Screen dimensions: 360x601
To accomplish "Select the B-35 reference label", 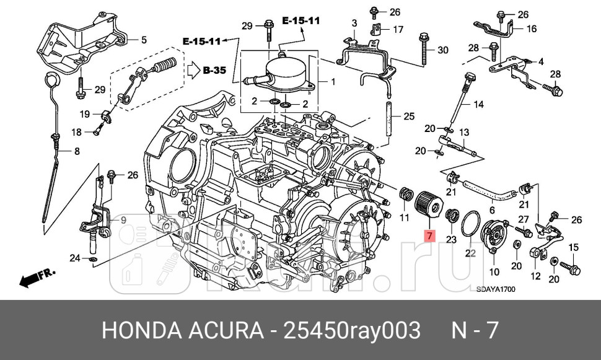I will tap(214, 71).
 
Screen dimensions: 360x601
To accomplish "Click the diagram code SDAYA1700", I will tap(496, 289).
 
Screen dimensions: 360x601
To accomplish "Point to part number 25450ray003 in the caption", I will tap(351, 330).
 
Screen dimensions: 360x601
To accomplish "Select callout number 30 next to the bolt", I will tap(442, 50).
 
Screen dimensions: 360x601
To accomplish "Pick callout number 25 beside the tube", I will tap(408, 116).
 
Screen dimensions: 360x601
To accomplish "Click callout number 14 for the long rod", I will tap(478, 105).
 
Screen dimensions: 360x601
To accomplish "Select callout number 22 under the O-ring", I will tap(470, 253).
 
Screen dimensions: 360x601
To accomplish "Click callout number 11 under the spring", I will tap(404, 217).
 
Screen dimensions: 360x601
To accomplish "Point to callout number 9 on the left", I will tap(123, 219).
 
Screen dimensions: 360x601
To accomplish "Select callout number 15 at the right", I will tap(573, 248).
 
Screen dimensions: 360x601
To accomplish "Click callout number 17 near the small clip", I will tap(398, 29).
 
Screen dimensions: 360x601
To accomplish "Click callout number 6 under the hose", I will tap(491, 210).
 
